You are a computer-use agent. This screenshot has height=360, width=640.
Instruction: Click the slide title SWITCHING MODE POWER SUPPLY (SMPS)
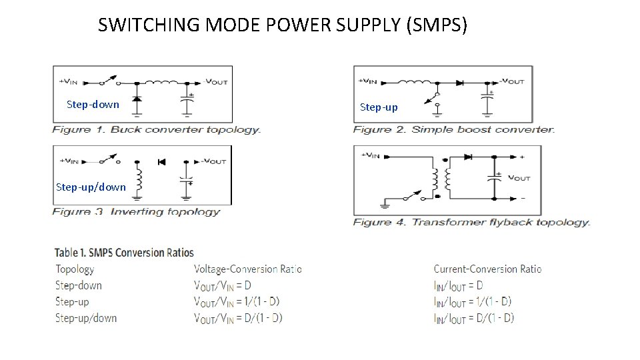(x=283, y=25)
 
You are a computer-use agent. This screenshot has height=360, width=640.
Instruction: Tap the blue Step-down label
(x=93, y=104)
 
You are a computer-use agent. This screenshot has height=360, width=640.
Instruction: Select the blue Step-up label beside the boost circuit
(x=379, y=107)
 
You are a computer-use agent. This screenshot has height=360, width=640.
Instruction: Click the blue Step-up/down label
(x=91, y=187)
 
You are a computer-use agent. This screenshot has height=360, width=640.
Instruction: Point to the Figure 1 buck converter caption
(x=157, y=129)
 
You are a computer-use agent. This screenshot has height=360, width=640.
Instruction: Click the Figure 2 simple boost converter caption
(x=453, y=129)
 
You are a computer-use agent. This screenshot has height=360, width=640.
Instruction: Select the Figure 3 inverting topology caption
(x=136, y=212)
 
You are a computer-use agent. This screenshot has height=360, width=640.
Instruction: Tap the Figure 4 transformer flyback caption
(x=471, y=222)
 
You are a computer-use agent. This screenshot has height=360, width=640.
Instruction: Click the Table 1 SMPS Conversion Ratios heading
(x=124, y=252)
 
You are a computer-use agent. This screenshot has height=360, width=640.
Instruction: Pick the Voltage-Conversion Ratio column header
(x=247, y=269)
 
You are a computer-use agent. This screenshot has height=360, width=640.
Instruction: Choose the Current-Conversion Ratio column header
(x=487, y=269)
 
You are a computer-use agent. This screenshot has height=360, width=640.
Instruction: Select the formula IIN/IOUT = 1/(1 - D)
(x=472, y=301)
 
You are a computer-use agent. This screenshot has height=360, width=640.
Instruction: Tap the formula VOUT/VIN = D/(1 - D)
(x=237, y=318)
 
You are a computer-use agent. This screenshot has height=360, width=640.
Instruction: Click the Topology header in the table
(x=75, y=269)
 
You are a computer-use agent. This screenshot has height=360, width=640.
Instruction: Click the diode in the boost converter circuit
(x=460, y=82)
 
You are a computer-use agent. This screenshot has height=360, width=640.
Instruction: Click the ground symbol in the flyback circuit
(x=385, y=202)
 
